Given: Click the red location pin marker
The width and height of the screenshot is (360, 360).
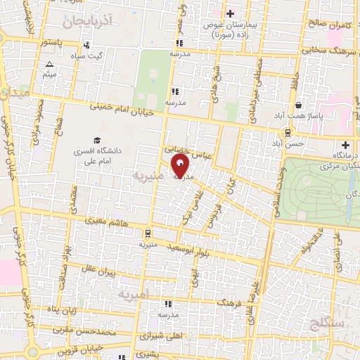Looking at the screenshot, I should coord(181,167).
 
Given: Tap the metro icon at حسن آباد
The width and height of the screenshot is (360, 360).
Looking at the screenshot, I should coord(289,133).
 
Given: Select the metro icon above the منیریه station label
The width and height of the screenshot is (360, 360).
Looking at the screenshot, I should coord(148,233).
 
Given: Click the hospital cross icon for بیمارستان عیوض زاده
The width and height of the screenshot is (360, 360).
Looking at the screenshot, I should coord(230,13).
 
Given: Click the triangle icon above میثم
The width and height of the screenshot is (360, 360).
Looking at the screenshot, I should coord(50,65).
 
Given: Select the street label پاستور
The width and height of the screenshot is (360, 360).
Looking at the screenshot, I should coord(52,43).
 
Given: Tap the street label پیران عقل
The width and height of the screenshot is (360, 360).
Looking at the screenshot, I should coord(95,270).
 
